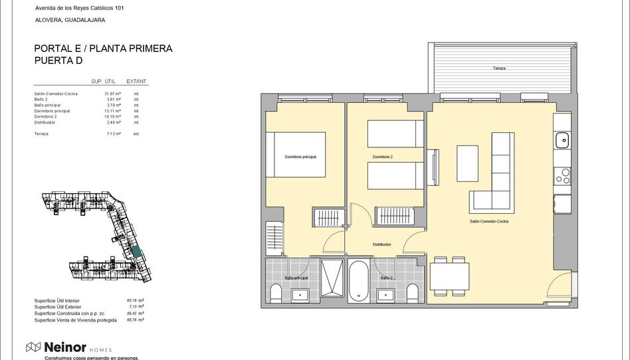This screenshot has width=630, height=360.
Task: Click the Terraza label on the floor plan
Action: pyautogui.click(x=499, y=68)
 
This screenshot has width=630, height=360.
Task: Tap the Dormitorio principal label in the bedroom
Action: pyautogui.click(x=300, y=157)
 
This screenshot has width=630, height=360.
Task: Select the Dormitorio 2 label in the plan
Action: pyautogui.click(x=383, y=157)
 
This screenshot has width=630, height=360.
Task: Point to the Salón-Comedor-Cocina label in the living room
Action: pyautogui.click(x=488, y=221)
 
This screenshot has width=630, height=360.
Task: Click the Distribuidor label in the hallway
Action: pyautogui.click(x=381, y=244)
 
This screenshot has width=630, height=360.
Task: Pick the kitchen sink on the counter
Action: pyautogui.click(x=562, y=140)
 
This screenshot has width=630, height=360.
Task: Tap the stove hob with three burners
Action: pyautogui.click(x=562, y=175)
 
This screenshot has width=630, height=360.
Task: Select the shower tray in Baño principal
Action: pyautogui.click(x=332, y=278)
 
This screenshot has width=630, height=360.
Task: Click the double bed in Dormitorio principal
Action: pyautogui.click(x=296, y=154)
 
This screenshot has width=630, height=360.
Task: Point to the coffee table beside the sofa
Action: pyautogui.click(x=467, y=163)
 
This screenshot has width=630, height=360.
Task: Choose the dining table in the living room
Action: pyautogui.click(x=450, y=276)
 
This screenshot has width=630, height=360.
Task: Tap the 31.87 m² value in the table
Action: pyautogui.click(x=112, y=94)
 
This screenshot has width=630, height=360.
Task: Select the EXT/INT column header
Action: pyautogui.click(x=136, y=81)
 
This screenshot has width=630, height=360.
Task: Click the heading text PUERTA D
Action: pyautogui.click(x=58, y=60)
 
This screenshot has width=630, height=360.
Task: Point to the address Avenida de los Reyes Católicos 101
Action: pyautogui.click(x=79, y=8)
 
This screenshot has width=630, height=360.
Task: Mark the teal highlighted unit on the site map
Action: pyautogui.click(x=136, y=252)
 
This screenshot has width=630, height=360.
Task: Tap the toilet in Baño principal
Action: pyautogui.click(x=276, y=292)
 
